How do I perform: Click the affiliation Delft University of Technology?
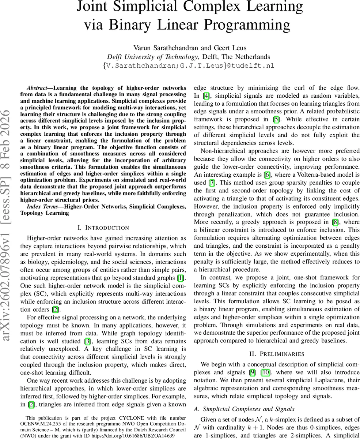pyautogui.click(x=152, y=57)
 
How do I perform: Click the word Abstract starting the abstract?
pyautogui.click(x=37, y=88)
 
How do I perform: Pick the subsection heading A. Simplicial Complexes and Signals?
pyautogui.click(x=244, y=409)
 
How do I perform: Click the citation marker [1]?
pyautogui.click(x=182, y=279)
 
